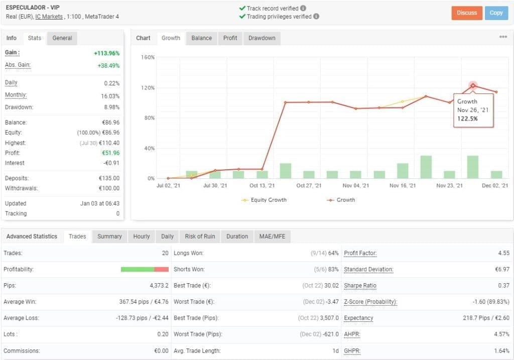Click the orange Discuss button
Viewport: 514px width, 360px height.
point(467,13)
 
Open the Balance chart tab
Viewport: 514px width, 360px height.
point(201,38)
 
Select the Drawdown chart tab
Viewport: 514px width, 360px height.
point(262,38)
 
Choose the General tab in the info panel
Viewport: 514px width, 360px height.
point(62,38)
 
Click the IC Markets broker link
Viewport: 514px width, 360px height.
point(49,17)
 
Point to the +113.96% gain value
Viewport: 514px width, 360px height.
point(106,53)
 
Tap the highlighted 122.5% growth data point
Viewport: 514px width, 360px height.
point(473,86)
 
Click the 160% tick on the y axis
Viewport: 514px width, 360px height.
point(148,57)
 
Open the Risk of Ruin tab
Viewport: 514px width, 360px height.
point(200,236)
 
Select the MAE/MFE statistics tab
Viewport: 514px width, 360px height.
point(272,236)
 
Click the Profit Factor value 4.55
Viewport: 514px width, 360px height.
point(503,253)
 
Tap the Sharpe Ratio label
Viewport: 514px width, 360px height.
point(360,286)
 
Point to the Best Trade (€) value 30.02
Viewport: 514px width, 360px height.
point(332,286)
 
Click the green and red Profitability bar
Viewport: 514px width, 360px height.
point(145,270)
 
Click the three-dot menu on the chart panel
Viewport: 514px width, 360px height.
point(503,37)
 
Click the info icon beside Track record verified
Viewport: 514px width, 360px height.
point(303,9)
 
